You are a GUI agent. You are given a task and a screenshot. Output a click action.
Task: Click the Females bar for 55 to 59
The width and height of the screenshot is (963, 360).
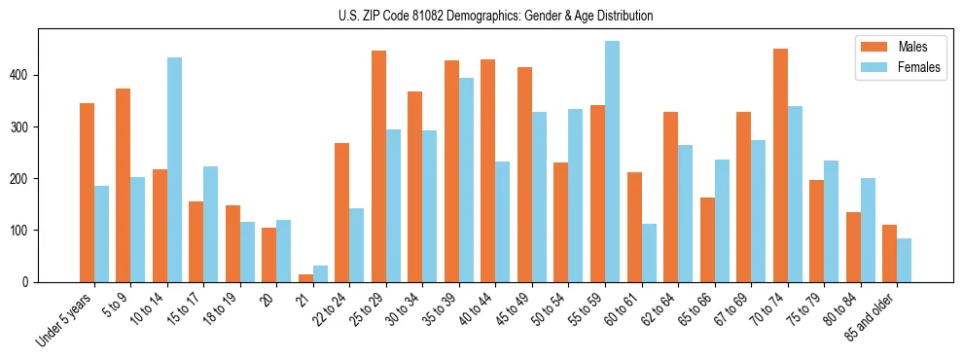(x=612, y=162)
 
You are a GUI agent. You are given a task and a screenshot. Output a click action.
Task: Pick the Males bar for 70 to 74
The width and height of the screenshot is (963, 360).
(x=780, y=165)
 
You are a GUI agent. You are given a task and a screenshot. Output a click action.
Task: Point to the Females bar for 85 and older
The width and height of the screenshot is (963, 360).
(x=904, y=261)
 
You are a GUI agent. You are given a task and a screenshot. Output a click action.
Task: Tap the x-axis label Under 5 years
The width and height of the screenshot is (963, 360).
(x=66, y=319)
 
